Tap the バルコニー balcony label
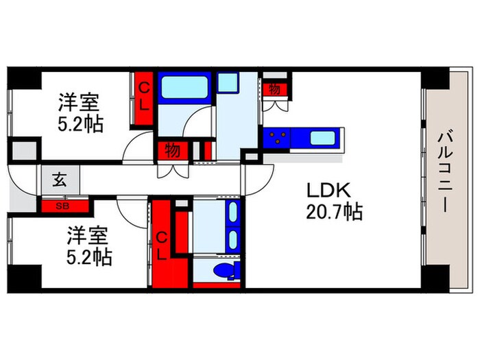click(440, 173)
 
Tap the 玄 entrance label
click(59, 182)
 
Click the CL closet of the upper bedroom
click(145, 99)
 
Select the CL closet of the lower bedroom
click(163, 245)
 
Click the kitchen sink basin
click(321, 137)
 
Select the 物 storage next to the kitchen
click(274, 89)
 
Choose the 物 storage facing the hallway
click(173, 150)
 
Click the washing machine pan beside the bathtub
click(227, 83)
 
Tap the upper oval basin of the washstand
click(232, 212)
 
